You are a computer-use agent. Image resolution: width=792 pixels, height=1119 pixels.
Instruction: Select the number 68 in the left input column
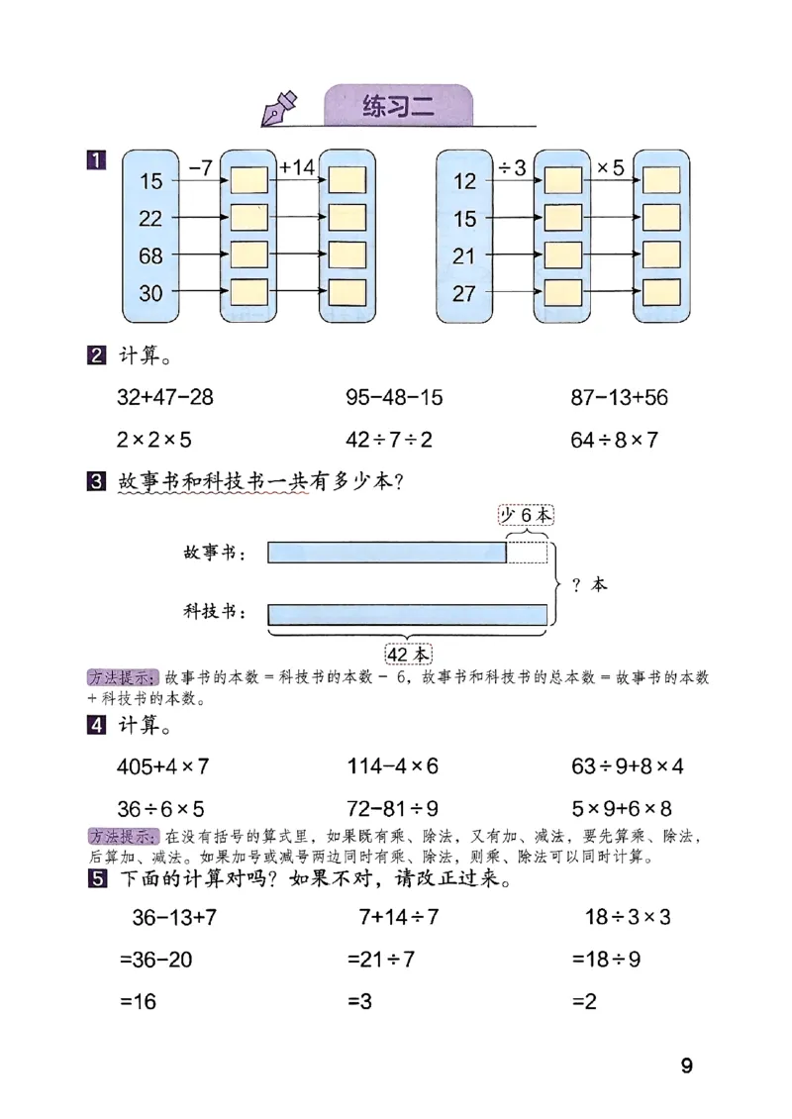[150, 255]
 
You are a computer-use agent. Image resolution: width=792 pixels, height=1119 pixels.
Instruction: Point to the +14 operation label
[297, 167]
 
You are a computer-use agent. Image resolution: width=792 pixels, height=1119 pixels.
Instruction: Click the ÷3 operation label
[512, 167]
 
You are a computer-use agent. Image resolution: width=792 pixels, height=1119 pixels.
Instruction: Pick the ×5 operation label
[610, 167]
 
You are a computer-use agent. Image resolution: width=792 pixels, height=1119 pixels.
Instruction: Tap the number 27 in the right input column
[464, 293]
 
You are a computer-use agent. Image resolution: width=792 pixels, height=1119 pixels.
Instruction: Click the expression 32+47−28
[164, 398]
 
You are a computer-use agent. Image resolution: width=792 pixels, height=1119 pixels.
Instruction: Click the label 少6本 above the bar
[525, 515]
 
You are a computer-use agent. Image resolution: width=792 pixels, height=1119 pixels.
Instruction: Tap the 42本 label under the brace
[408, 655]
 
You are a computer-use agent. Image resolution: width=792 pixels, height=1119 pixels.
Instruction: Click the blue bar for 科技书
[407, 614]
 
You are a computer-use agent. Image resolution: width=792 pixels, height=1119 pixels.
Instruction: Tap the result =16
[139, 1001]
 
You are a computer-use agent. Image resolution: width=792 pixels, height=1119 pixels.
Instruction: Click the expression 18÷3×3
[628, 917]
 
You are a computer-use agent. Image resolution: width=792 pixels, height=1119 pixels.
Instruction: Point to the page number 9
[686, 1067]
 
